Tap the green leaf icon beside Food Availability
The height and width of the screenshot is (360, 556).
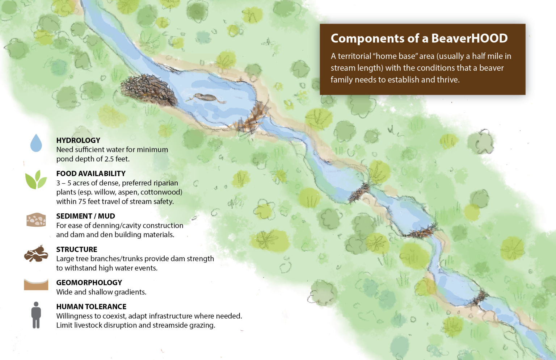[x=36, y=180]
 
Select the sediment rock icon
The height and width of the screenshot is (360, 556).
[x=36, y=220]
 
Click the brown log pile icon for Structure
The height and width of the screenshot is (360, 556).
[x=36, y=254]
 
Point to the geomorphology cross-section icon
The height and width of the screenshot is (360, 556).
[x=36, y=284]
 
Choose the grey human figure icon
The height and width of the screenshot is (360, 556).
[x=36, y=315]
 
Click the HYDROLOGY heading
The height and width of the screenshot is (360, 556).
[x=78, y=140]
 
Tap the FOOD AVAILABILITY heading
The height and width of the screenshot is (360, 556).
[x=91, y=173]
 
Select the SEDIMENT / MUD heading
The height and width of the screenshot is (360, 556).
[x=85, y=216]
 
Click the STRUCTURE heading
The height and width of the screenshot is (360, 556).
[x=77, y=249]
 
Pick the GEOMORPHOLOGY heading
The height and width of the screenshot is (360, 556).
[x=89, y=282]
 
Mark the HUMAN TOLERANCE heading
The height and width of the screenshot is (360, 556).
[x=91, y=306]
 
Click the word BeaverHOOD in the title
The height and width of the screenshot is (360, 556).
[x=469, y=38]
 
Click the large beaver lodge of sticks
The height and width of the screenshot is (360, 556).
[x=148, y=89]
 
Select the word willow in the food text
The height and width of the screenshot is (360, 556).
[x=104, y=192]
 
